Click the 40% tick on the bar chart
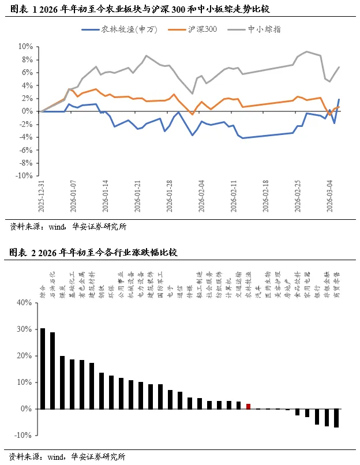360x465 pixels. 25,302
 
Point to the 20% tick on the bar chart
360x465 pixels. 25,355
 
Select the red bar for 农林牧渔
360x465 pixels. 248,406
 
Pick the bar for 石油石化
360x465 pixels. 52,370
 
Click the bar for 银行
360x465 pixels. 317,417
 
